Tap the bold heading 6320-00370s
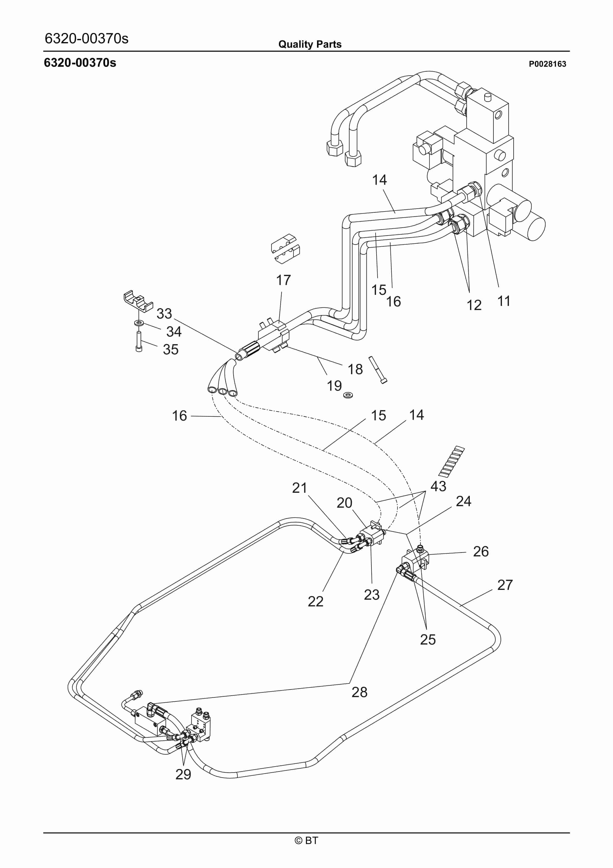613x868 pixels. (x=80, y=63)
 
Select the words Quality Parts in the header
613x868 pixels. (x=310, y=44)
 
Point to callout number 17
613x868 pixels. (x=283, y=280)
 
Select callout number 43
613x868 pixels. (x=438, y=486)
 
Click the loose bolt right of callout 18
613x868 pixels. (x=378, y=370)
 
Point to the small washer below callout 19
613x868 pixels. (x=348, y=395)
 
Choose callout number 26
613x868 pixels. (x=480, y=552)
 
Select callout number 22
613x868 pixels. (x=315, y=602)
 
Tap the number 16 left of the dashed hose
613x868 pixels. (x=179, y=416)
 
